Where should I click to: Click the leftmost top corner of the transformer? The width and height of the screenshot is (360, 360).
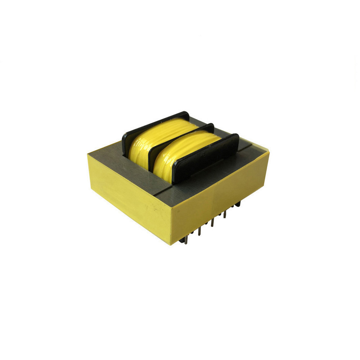[87, 154]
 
